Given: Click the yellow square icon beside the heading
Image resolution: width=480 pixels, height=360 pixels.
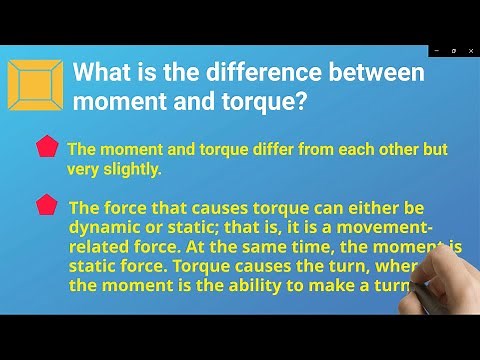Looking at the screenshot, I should click(35, 84).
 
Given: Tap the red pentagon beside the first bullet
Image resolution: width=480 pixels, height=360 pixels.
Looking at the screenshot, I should click(46, 148).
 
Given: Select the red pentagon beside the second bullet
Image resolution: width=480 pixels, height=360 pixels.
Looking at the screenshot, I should click(46, 205).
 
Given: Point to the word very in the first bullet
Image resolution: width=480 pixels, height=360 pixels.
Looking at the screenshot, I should click(84, 169).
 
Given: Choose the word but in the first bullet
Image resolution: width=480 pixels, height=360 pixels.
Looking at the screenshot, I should click(433, 149).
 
